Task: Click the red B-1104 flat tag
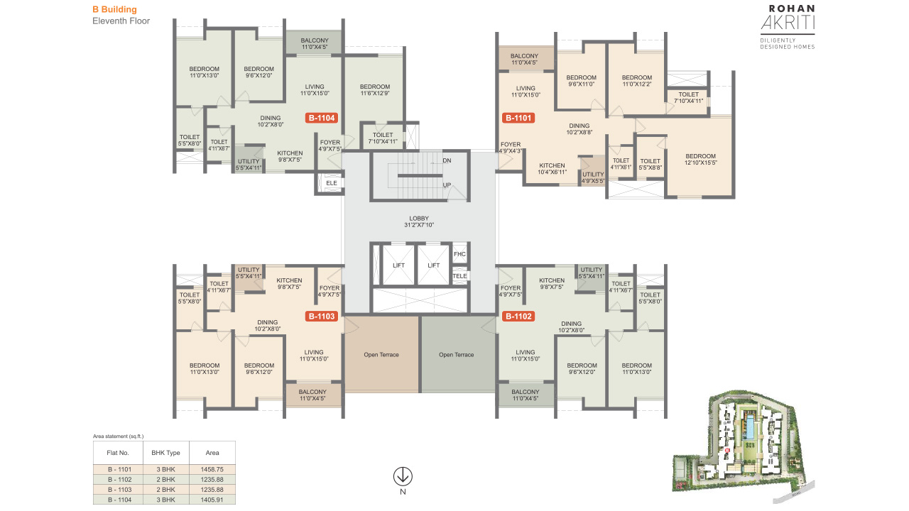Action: [x=322, y=118]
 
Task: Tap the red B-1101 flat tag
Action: [x=518, y=118]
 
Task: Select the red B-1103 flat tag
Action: [x=322, y=317]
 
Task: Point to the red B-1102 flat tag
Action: [x=518, y=317]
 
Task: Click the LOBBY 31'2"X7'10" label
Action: [x=419, y=221]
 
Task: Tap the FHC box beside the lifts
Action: [x=459, y=254]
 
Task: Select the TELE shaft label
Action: [x=459, y=276]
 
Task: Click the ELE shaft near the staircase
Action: [x=332, y=183]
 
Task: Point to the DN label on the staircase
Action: [x=447, y=160]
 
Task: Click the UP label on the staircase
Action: [x=447, y=185]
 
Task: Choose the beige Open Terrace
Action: [x=381, y=354]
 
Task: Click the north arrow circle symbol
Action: [x=403, y=476]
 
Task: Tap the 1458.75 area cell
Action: [x=212, y=469]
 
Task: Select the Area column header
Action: [x=212, y=453]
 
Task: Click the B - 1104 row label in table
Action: [x=119, y=500]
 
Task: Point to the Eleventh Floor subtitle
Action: [x=121, y=21]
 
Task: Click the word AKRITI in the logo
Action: [x=788, y=23]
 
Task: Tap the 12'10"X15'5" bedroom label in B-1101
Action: [x=701, y=163]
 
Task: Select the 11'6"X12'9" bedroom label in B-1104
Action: [x=374, y=93]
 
